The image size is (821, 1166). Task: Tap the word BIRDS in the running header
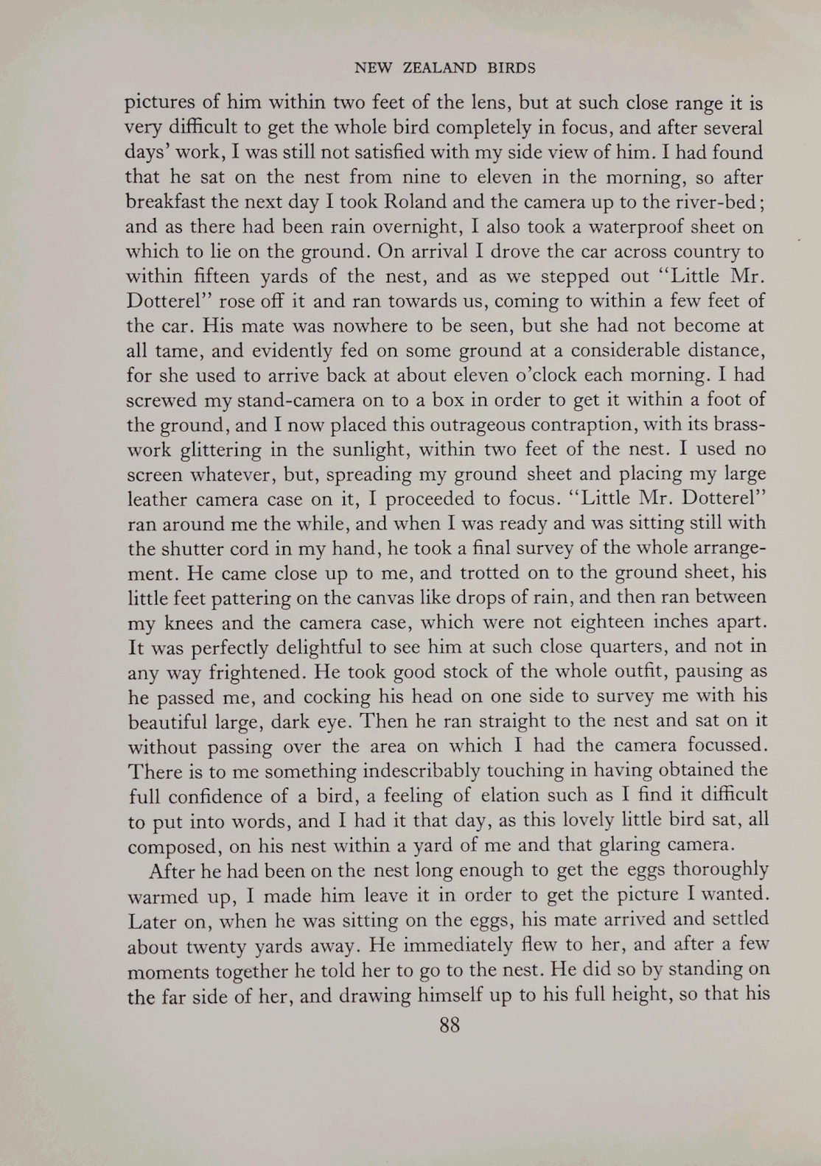[x=511, y=69]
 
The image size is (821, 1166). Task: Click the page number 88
[x=449, y=1025]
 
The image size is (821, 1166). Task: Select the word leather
[x=158, y=499]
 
